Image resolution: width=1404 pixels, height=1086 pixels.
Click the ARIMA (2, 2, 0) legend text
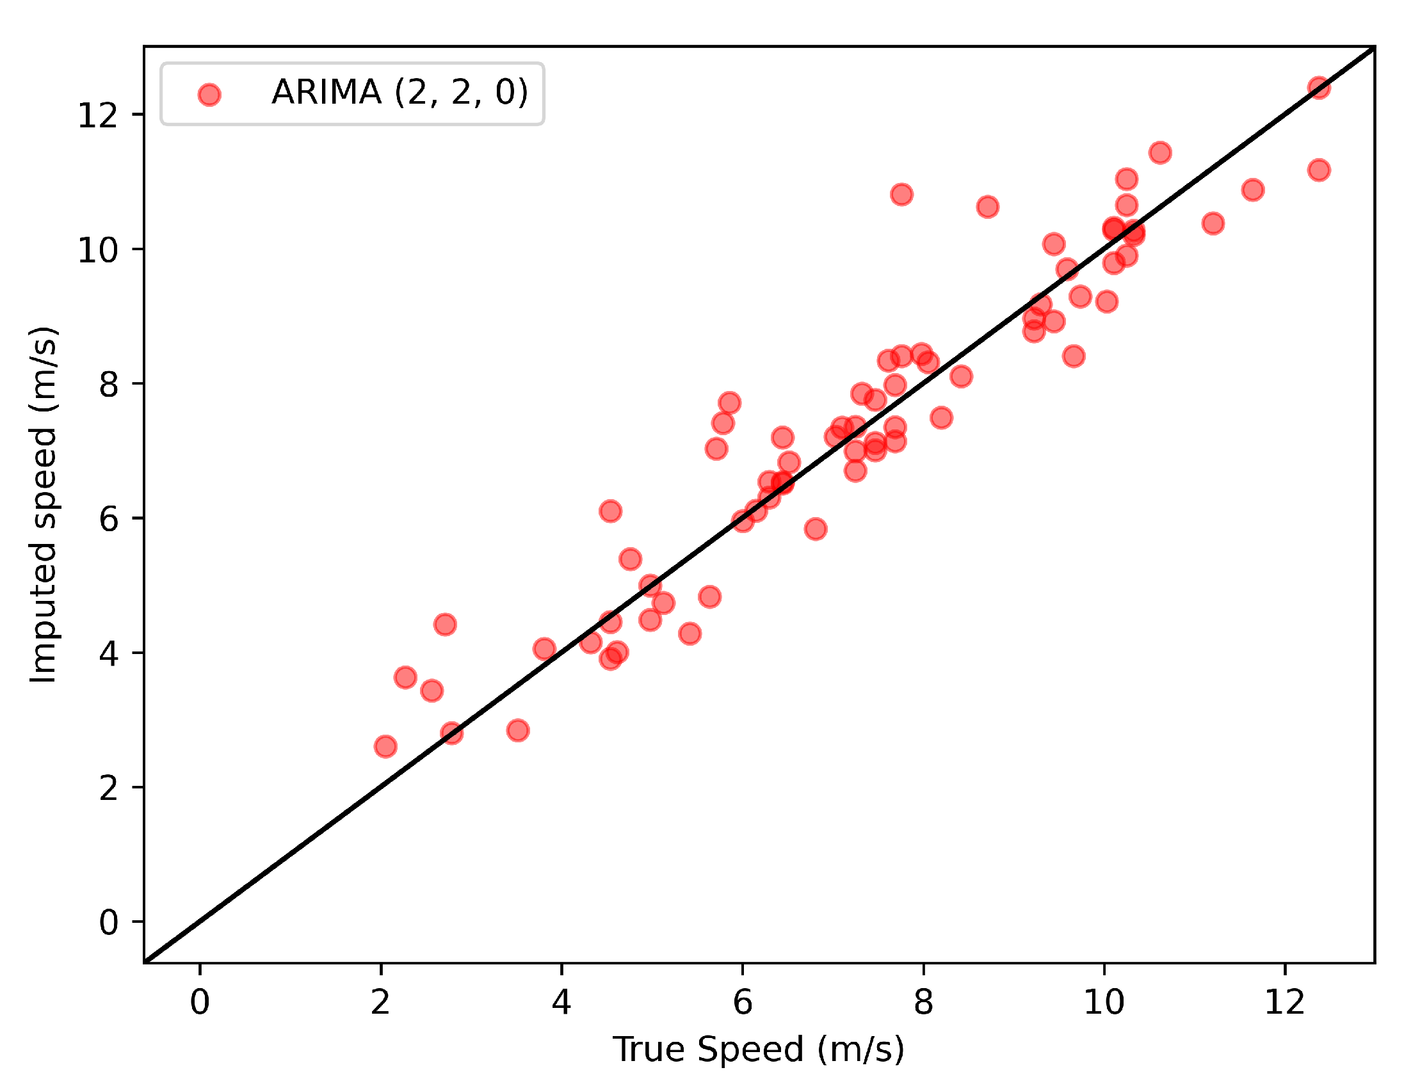click(400, 92)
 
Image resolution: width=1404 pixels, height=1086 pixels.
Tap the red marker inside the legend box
click(209, 95)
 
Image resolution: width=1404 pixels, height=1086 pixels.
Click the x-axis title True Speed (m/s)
click(759, 1050)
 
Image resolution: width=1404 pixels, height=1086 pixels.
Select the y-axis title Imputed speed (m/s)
click(44, 504)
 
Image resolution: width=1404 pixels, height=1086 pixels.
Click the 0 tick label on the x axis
click(200, 1002)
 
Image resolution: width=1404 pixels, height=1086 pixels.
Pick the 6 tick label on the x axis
click(743, 1002)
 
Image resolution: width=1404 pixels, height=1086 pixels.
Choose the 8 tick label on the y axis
click(109, 384)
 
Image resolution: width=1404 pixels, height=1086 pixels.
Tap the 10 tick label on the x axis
click(1104, 1002)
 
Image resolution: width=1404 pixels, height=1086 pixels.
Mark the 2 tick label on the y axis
click(109, 788)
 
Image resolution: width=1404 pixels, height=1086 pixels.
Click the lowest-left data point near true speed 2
click(385, 747)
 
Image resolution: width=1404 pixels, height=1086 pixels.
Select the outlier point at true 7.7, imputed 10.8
click(901, 194)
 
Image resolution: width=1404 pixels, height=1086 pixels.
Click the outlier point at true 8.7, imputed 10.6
click(987, 207)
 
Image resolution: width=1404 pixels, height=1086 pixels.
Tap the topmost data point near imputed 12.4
click(1318, 88)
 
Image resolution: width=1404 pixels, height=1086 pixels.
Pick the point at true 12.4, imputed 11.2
click(1318, 170)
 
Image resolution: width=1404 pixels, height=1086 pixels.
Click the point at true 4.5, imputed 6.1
click(610, 511)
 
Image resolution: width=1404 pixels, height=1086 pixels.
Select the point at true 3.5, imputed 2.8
click(517, 731)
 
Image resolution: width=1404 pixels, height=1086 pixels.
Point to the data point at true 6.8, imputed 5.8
click(815, 529)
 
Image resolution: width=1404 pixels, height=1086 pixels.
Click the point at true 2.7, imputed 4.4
click(445, 625)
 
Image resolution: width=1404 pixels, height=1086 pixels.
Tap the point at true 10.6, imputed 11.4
click(1159, 153)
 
